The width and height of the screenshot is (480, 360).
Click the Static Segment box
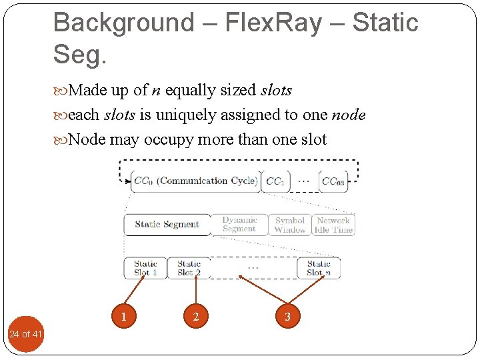click(167, 225)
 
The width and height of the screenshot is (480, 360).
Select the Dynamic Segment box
click(239, 225)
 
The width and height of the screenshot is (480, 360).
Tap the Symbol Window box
click(289, 225)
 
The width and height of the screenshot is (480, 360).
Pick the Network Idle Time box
click(333, 225)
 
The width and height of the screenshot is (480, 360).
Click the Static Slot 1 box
click(145, 268)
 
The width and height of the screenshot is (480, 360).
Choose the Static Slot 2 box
click(189, 268)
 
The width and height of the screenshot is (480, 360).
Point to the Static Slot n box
click(319, 268)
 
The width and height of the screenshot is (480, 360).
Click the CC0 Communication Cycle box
click(195, 181)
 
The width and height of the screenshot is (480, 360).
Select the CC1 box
click(275, 181)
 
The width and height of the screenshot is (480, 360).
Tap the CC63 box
click(333, 181)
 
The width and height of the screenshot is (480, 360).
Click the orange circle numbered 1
click(124, 316)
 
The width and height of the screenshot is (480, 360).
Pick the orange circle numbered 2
click(195, 316)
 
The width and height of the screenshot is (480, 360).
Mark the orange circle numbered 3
click(287, 316)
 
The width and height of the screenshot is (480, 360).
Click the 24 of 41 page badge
click(25, 333)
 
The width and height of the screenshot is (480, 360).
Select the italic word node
click(348, 115)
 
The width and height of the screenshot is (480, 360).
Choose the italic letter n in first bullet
click(156, 91)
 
